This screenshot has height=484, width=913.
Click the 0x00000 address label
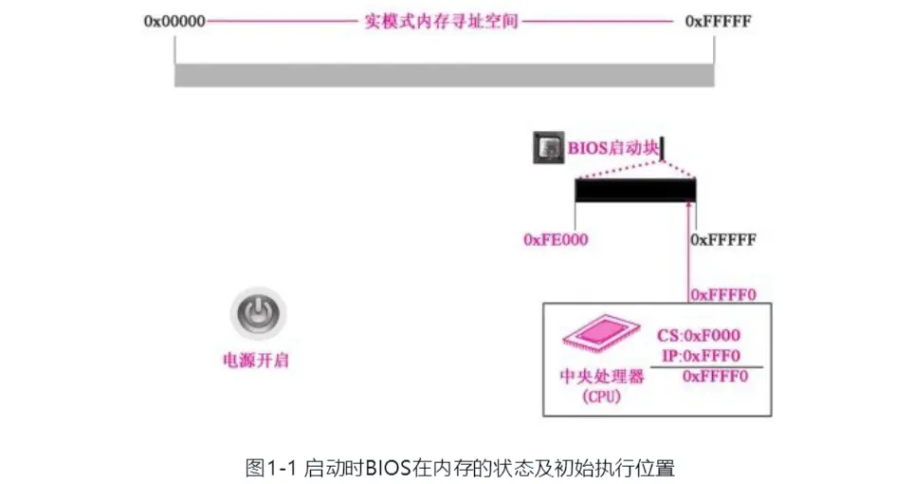point(175,21)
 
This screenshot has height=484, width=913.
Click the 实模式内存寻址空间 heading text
point(441,21)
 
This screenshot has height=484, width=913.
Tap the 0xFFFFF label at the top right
point(718,21)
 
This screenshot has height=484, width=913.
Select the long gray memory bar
point(444,75)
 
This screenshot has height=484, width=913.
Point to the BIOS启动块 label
point(613,148)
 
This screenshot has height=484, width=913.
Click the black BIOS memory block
point(635,190)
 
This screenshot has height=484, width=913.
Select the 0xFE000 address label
point(556,240)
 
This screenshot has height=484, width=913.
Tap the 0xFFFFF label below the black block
point(723,240)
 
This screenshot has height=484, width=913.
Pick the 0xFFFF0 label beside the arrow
point(722,294)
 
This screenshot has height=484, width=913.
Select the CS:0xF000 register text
point(699,336)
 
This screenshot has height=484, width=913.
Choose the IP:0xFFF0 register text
point(699,356)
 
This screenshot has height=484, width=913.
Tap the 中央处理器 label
point(601,377)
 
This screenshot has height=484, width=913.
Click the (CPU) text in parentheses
point(601,396)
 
